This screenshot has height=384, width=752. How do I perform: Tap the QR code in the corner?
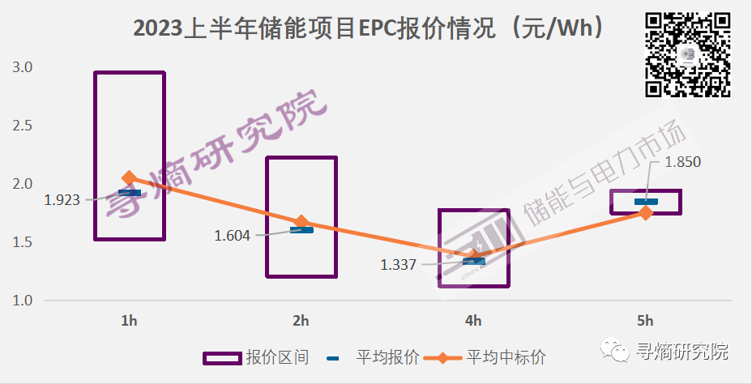(688, 54)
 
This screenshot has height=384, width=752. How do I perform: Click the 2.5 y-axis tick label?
(22, 126)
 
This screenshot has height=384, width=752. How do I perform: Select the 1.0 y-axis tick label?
(22, 301)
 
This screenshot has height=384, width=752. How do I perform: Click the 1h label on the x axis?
(129, 321)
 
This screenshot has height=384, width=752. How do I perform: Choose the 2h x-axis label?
(301, 321)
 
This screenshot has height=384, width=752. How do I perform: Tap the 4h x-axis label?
(473, 321)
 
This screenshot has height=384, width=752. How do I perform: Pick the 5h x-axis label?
(646, 321)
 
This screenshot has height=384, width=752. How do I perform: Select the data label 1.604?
(233, 236)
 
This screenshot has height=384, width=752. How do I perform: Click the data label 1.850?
(681, 162)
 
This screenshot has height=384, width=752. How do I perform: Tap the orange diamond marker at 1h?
(129, 178)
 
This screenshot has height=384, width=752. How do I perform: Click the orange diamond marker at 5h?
(646, 212)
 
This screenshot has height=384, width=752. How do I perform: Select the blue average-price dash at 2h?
(301, 230)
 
